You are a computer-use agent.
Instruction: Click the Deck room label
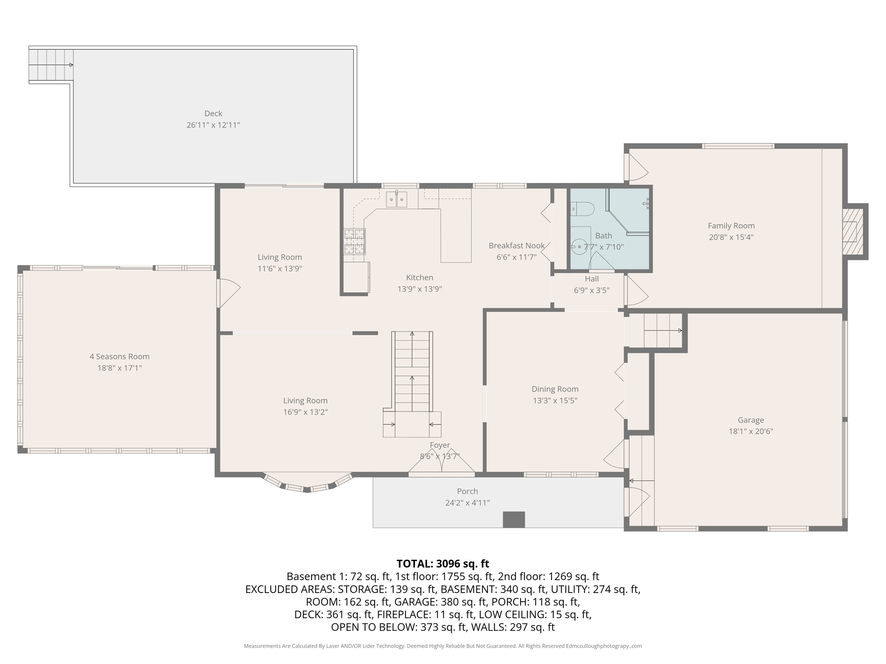pyautogui.click(x=213, y=113)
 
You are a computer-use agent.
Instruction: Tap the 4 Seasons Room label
pyautogui.click(x=119, y=357)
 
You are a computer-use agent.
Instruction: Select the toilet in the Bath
pyautogui.click(x=581, y=209)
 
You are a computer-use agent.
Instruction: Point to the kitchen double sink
pyautogui.click(x=397, y=200)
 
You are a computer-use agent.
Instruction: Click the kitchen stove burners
pyautogui.click(x=354, y=241)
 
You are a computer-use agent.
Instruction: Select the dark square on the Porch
pyautogui.click(x=514, y=520)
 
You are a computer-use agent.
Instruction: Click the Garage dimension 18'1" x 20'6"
pyautogui.click(x=751, y=431)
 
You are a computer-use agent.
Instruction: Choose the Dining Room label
pyautogui.click(x=555, y=389)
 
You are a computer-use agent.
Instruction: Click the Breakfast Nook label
pyautogui.click(x=517, y=246)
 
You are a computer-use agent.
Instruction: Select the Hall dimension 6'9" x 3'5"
pyautogui.click(x=591, y=290)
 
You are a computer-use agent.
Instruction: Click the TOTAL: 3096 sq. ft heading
pyautogui.click(x=443, y=564)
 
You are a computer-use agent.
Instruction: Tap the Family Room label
pyautogui.click(x=731, y=226)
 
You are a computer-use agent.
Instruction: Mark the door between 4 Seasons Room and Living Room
pyautogui.click(x=227, y=293)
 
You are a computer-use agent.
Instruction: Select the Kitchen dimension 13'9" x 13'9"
pyautogui.click(x=419, y=289)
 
